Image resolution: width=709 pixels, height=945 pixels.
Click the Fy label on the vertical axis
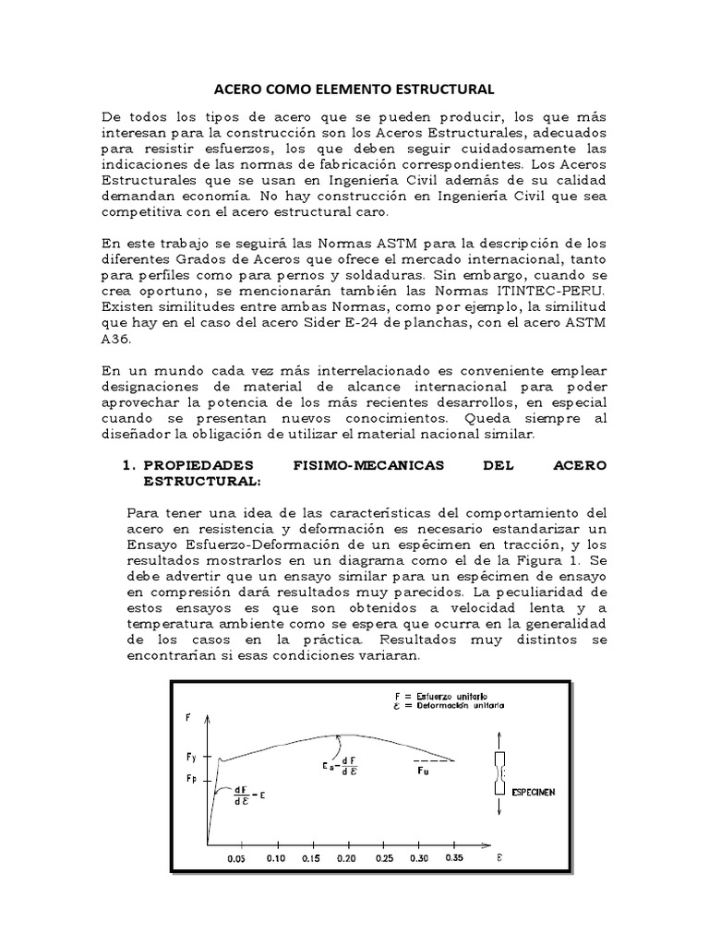[x=190, y=756]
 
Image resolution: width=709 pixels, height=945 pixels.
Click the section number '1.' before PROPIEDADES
[x=129, y=465]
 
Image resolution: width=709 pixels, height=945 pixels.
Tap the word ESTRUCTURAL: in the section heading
[x=202, y=481]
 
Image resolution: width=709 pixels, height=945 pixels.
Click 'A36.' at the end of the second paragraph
[x=114, y=338]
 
